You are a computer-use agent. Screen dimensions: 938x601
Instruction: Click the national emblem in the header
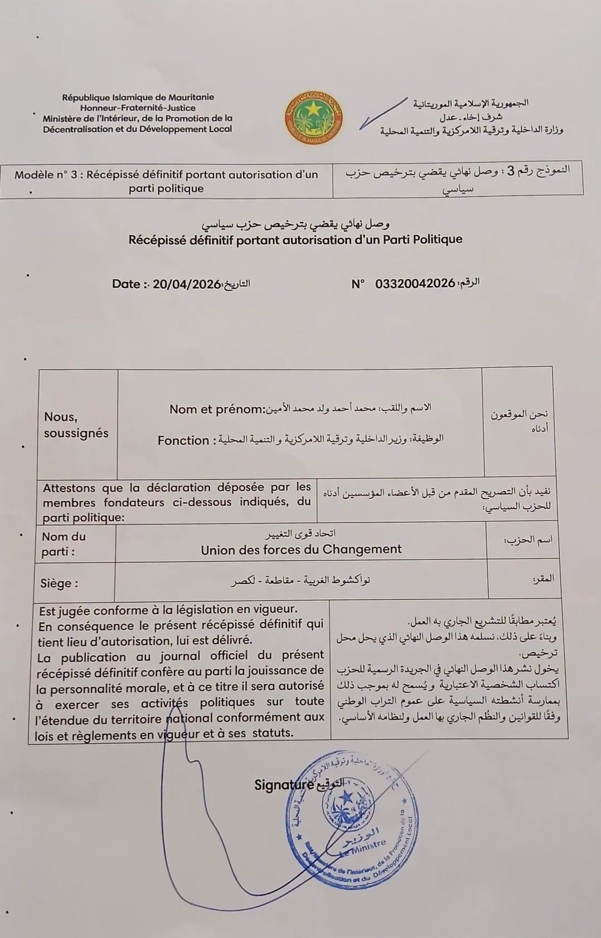[313, 116]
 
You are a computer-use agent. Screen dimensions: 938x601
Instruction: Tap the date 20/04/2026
[186, 284]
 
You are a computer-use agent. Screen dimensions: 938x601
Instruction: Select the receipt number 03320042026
[415, 284]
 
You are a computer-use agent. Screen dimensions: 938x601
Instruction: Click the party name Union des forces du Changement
[301, 550]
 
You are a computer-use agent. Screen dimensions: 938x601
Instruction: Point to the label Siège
[59, 584]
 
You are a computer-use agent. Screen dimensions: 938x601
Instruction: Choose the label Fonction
[183, 441]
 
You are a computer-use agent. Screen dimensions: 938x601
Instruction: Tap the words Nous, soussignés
[76, 425]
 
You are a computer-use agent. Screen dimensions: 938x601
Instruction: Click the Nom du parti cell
[63, 544]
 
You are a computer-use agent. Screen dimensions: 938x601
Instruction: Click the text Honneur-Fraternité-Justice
[137, 107]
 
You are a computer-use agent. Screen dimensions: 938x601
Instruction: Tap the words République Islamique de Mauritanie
[138, 97]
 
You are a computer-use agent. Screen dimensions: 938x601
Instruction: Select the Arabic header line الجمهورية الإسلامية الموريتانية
[470, 103]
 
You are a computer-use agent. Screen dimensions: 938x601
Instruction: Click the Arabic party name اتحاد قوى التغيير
[301, 535]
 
